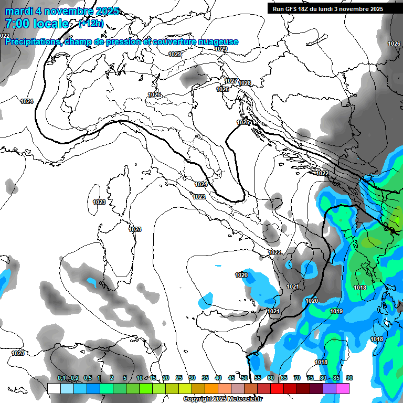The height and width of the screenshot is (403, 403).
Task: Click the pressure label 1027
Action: pos(231,81)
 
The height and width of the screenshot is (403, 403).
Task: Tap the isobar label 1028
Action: pos(245,83)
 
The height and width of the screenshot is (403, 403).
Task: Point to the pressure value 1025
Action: pos(243,122)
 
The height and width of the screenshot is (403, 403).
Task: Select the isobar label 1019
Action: pos(336,312)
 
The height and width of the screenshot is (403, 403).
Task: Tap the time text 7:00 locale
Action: pos(36,24)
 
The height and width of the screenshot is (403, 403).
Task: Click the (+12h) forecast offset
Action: pos(91,24)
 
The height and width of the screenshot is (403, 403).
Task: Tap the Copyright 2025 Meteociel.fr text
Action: pos(222,399)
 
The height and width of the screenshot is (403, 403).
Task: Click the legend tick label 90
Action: pos(349,378)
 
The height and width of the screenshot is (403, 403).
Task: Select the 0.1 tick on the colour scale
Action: pos(61,378)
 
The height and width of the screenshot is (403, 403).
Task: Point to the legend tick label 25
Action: pos(179,378)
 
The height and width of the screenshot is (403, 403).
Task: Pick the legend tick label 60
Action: pos(271,378)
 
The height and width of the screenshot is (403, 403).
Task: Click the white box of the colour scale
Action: pos(54,388)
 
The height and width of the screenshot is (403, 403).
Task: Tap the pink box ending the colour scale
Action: pos(343,388)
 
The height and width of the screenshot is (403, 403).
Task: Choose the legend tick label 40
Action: pos(218,378)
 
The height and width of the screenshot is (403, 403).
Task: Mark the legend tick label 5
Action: pos(125,378)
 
